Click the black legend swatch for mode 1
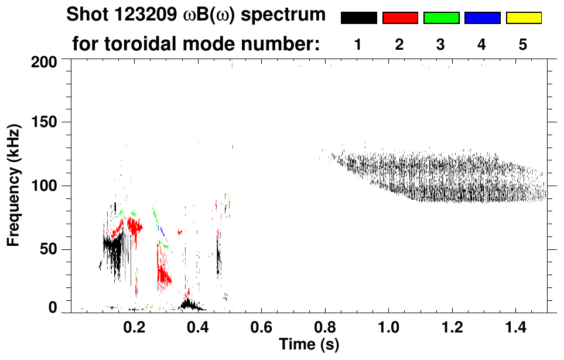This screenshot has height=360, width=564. pos(358,18)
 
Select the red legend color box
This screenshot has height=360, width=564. pos(400,18)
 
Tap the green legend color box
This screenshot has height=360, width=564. pos(441,18)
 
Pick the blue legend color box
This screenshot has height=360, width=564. pos(482,18)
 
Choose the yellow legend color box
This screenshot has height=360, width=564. pos(523,18)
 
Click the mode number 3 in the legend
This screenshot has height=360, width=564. pos(440,44)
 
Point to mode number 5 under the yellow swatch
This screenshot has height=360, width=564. pos(522,44)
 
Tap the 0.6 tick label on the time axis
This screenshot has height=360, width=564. pos(261,325)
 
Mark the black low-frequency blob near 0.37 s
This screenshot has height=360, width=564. pos(189,304)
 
